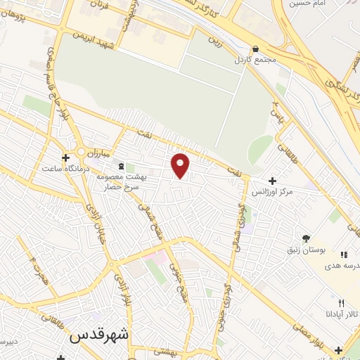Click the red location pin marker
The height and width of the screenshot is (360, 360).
(x=181, y=165)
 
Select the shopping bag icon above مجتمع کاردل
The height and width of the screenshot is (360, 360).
(x=255, y=49)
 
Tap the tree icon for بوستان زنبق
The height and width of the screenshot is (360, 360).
(x=307, y=238)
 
